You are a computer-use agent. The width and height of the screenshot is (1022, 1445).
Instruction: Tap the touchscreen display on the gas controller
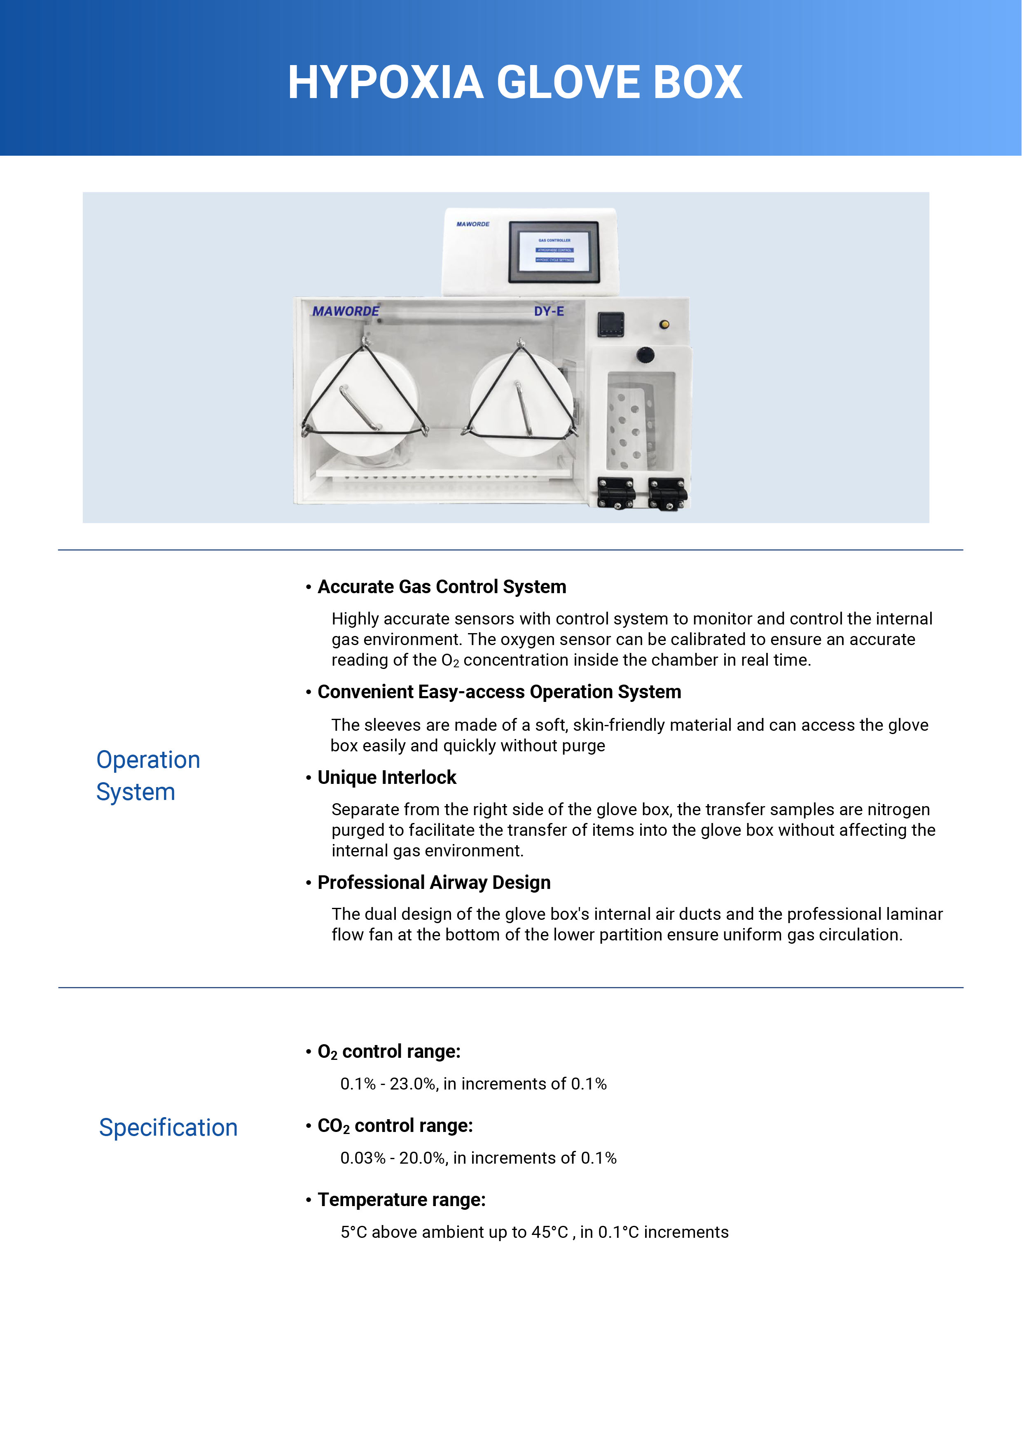[x=554, y=250]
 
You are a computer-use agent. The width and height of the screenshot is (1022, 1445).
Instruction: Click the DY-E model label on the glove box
[x=549, y=311]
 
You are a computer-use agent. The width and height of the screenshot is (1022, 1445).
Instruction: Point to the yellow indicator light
[x=664, y=324]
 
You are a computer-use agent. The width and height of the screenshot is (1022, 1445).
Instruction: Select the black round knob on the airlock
[x=645, y=355]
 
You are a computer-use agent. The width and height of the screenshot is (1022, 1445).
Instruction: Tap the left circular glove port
[x=365, y=403]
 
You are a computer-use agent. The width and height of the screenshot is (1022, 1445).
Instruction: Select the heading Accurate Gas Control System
[x=442, y=587]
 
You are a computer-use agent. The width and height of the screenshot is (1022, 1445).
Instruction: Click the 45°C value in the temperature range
[x=550, y=1232]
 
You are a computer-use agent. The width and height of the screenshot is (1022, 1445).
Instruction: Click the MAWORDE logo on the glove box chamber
[x=346, y=311]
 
